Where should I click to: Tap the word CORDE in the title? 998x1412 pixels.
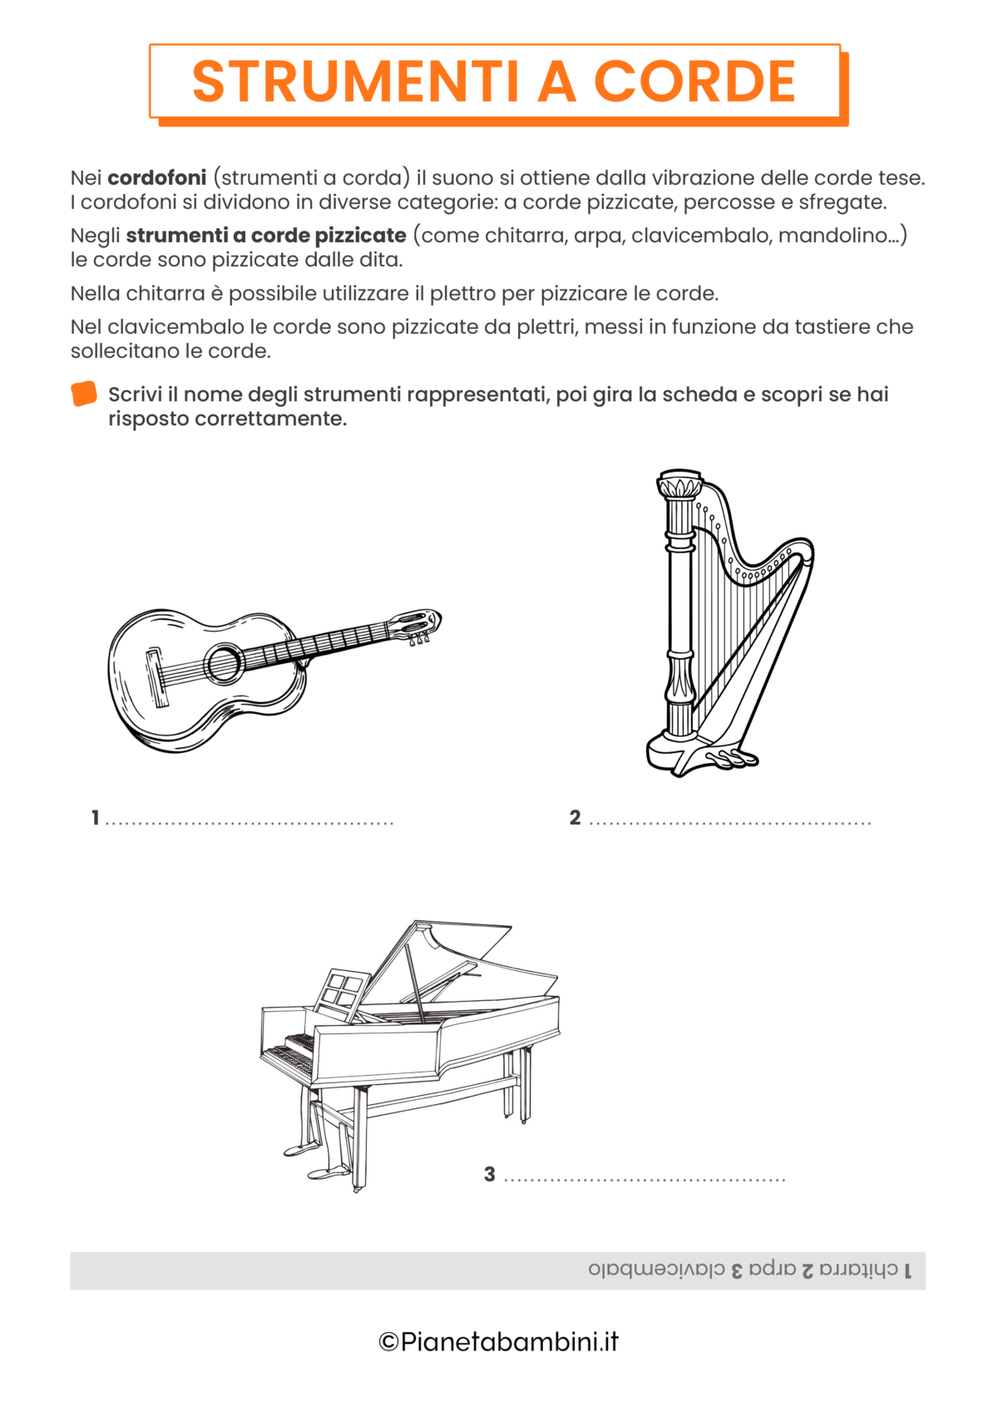(694, 82)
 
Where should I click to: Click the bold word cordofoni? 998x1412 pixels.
(157, 178)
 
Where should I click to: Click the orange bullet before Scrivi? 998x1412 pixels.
(84, 394)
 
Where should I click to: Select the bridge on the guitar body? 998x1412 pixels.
(157, 677)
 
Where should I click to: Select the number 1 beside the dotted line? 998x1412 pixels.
(96, 818)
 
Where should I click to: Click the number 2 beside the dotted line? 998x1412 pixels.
(575, 818)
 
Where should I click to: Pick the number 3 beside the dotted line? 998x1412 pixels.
(490, 1174)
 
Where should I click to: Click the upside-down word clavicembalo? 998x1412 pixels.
(656, 1270)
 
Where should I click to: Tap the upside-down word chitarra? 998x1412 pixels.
(859, 1270)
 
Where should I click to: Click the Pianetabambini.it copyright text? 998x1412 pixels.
(499, 1341)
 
